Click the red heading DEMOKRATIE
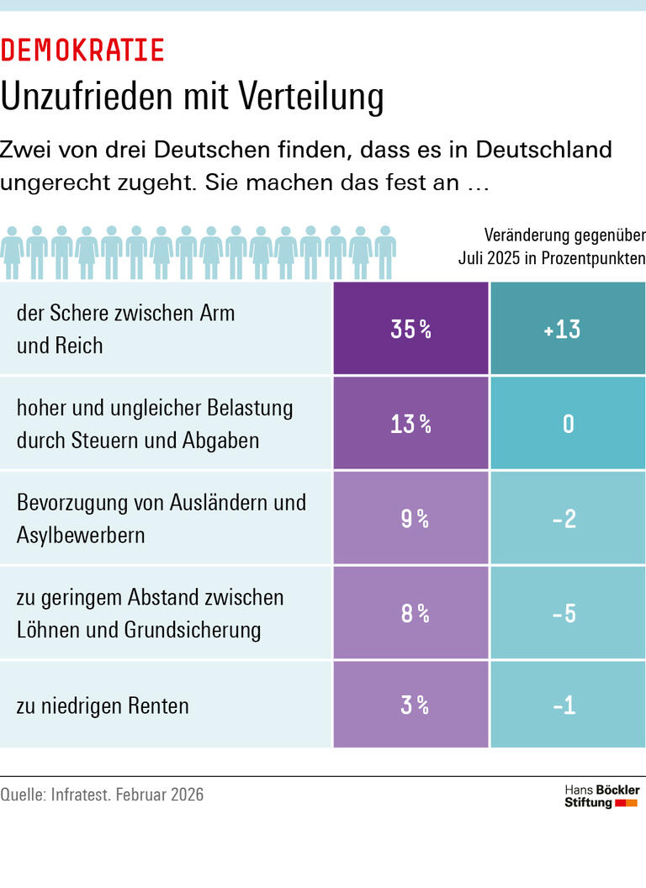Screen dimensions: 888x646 [x=82, y=50]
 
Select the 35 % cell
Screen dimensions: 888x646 [x=410, y=329]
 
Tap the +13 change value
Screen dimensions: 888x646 [x=568, y=329]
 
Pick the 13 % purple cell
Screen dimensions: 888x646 [x=410, y=424]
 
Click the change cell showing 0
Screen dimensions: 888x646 [x=568, y=424]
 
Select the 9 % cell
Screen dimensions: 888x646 [x=410, y=519]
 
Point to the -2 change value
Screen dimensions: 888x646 [x=568, y=519]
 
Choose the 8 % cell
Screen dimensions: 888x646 [x=410, y=613]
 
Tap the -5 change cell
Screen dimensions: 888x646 [x=568, y=613]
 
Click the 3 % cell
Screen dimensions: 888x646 [x=410, y=705]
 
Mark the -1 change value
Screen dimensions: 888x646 [x=568, y=705]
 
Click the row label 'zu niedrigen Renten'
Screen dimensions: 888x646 [x=103, y=706]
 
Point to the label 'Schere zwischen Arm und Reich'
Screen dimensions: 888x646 [x=126, y=329]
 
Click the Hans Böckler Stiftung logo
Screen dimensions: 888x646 [x=601, y=796]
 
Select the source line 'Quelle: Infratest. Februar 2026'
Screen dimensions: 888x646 [x=102, y=795]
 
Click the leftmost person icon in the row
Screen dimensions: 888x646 [x=12, y=252]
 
